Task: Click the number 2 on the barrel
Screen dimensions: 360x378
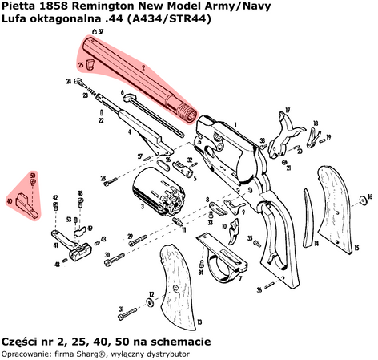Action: point(142,69)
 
